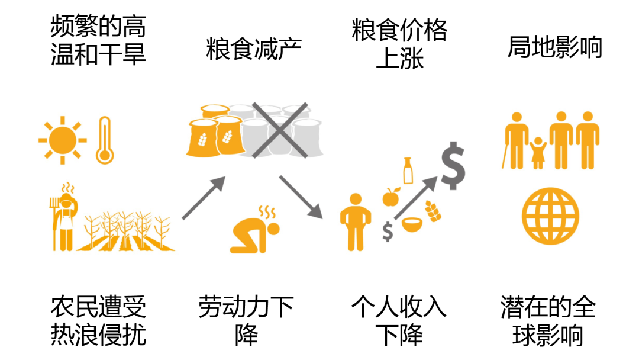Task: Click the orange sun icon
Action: tap(62, 140)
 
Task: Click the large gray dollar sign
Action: tap(453, 166)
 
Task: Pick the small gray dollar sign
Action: tap(388, 231)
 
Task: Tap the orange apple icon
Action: tap(391, 197)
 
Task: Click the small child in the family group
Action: tap(538, 153)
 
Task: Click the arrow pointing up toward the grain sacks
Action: tap(205, 198)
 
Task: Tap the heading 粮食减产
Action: tap(254, 49)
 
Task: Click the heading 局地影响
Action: tap(554, 47)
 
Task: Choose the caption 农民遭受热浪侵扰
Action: tap(98, 322)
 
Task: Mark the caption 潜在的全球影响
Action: tap(548, 322)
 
